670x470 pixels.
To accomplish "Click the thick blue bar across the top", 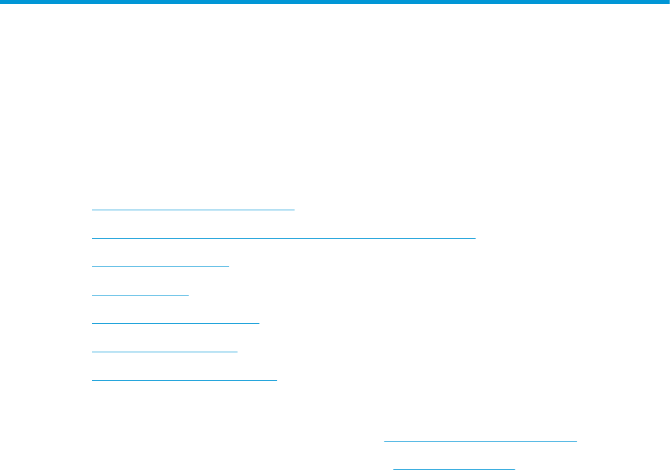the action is tap(335, 3).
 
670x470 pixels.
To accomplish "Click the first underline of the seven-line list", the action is tap(193, 210).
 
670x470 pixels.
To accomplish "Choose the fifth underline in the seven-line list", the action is tap(175, 323).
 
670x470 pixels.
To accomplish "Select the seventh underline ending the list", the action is tap(184, 380).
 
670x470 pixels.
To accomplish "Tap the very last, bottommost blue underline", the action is tap(454, 468).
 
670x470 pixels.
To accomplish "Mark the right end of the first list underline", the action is tap(295, 210).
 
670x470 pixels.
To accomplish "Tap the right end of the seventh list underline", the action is tap(277, 380).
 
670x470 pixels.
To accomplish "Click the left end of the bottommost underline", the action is tap(394, 468).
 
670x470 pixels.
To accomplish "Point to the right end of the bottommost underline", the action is tap(514, 468).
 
